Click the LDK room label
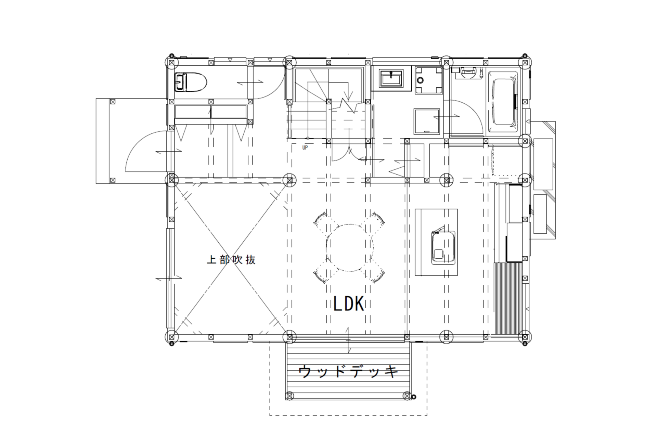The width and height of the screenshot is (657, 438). point(349,304)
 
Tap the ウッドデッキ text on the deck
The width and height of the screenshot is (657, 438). point(348,371)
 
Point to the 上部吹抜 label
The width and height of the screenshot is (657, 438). point(231,260)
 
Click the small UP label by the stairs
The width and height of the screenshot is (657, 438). point(305,148)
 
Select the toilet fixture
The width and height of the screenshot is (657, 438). point(191,82)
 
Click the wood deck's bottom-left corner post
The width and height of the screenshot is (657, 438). point(289,396)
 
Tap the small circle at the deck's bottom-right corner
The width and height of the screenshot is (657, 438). point(414,397)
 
